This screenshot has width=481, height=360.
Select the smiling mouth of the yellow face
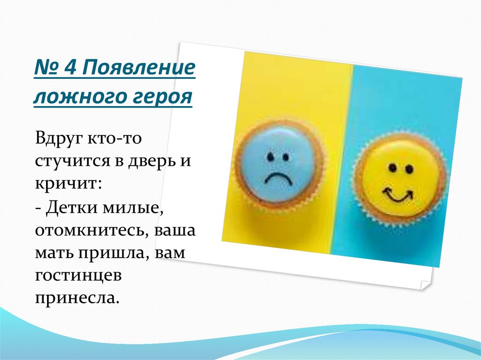coord(397,194)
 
